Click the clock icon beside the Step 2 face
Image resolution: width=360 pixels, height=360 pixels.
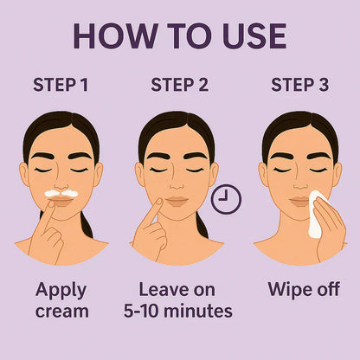coord(226,200)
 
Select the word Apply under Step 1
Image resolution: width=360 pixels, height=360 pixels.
coord(60,289)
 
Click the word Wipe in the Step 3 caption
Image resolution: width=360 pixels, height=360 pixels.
coord(287,289)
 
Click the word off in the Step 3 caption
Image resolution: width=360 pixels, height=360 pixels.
coord(327,289)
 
